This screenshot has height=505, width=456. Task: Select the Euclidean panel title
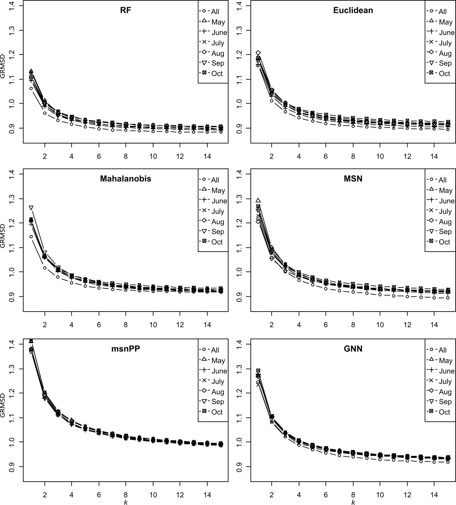click(x=353, y=10)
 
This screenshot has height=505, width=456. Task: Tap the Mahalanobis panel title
click(x=125, y=179)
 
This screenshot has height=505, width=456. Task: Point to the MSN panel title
click(x=353, y=179)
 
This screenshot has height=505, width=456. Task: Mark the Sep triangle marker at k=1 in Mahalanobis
click(x=31, y=208)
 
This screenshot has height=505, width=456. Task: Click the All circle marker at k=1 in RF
click(x=31, y=88)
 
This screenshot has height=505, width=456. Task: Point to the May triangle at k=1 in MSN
click(x=258, y=200)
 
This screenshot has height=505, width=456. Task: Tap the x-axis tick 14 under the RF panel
click(x=207, y=156)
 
